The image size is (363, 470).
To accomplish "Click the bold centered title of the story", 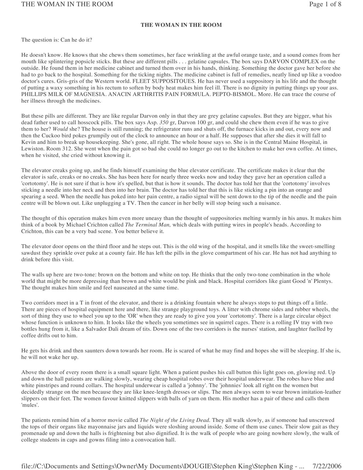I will [181, 25].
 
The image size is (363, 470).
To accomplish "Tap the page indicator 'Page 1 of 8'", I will [325, 4].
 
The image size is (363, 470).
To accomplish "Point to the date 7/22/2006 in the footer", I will [327, 466].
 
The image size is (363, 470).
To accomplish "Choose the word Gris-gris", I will [32, 81].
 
